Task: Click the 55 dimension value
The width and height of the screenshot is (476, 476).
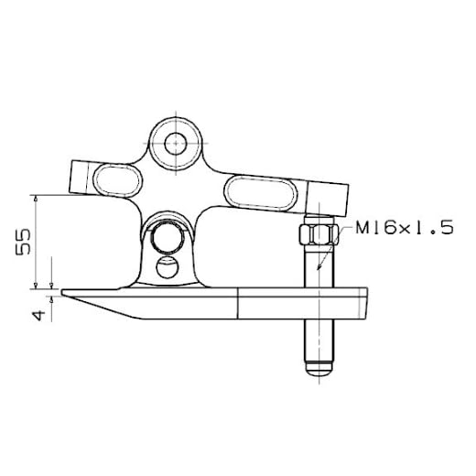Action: (x=23, y=242)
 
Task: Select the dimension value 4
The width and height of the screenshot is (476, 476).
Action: (x=38, y=315)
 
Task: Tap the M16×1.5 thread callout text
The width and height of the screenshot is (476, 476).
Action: (x=405, y=228)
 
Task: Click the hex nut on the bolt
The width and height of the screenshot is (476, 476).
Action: (x=319, y=234)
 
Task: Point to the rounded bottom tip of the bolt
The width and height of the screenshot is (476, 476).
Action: (x=319, y=370)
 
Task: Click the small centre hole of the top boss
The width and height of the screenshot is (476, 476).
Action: (x=176, y=144)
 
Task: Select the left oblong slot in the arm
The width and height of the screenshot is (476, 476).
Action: (x=118, y=180)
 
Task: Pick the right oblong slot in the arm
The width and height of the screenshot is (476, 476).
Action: (x=261, y=192)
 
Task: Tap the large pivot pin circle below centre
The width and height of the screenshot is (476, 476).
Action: (x=168, y=237)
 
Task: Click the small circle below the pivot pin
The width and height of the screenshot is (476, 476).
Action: (x=168, y=267)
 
